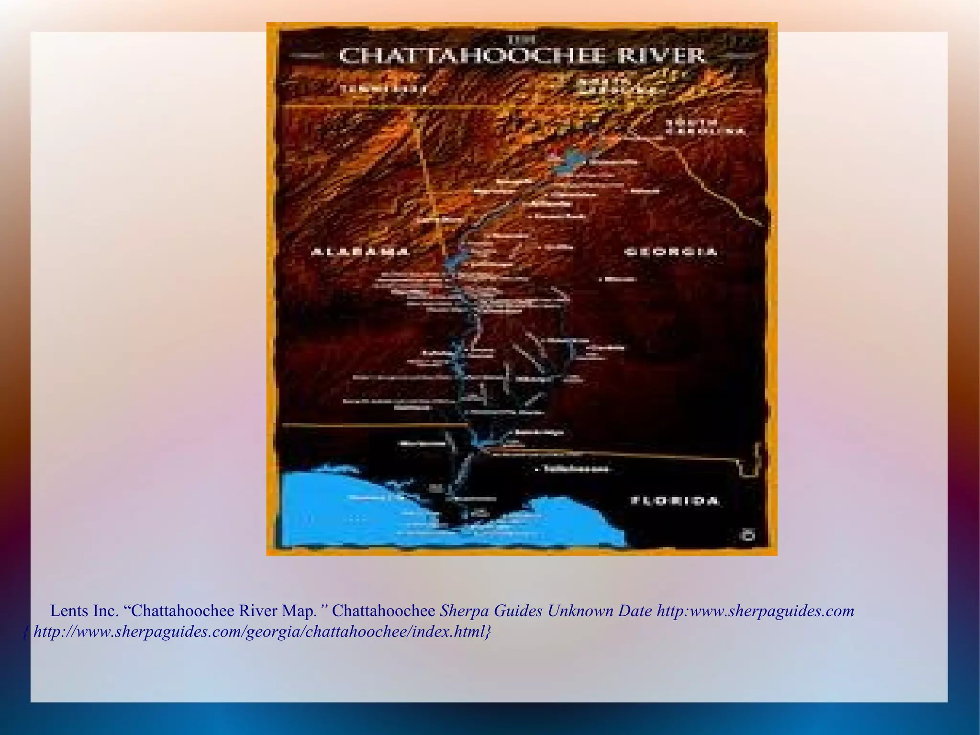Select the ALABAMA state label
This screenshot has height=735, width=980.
[360, 252]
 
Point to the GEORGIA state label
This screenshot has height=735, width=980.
[671, 252]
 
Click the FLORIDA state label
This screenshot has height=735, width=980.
[675, 501]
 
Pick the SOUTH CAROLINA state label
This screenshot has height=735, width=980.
[706, 127]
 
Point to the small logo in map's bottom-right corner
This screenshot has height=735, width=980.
[748, 534]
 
